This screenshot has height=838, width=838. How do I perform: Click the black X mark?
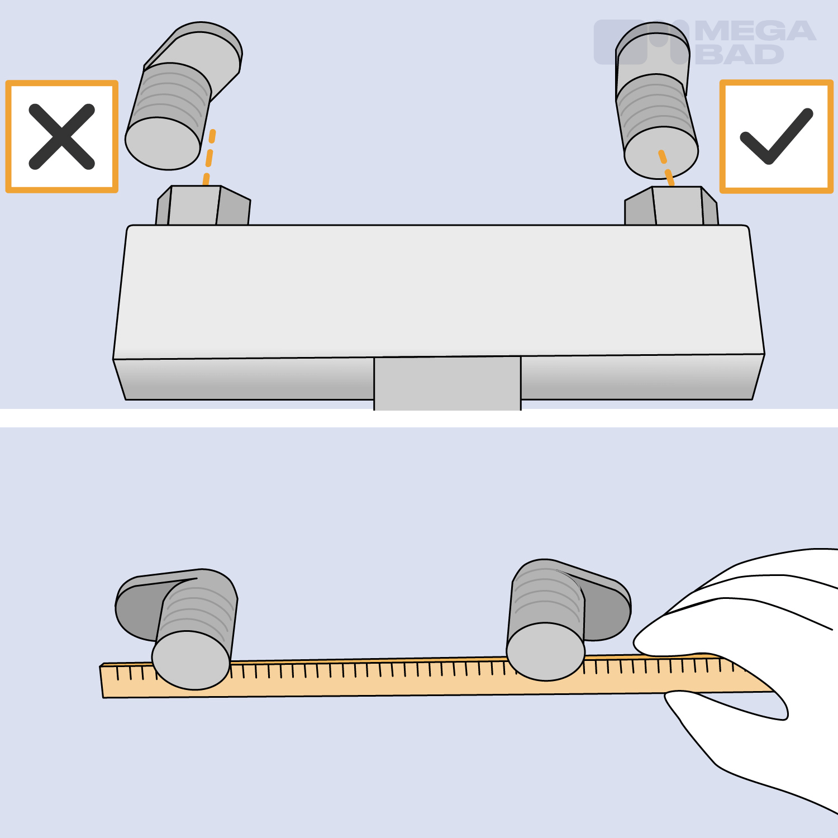click(x=61, y=136)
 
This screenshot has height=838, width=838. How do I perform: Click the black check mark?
click(x=776, y=136)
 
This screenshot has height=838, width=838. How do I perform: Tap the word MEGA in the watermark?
click(x=755, y=31)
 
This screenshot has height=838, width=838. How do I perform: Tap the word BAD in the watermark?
click(x=741, y=54)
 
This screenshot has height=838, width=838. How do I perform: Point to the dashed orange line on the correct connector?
click(x=666, y=167)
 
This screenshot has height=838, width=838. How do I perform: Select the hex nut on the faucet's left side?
click(x=203, y=206)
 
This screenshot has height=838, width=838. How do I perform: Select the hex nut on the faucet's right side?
click(x=671, y=206)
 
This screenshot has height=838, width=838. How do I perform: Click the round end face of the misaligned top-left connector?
click(x=163, y=144)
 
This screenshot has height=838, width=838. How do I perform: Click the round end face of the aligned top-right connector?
click(x=661, y=153)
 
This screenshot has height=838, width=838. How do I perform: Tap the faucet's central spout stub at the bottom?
click(x=447, y=383)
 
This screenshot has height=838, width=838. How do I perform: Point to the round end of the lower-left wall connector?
click(x=191, y=660)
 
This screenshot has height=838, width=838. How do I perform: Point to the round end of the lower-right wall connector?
click(x=546, y=651)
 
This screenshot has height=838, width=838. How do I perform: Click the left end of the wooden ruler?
click(x=101, y=681)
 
